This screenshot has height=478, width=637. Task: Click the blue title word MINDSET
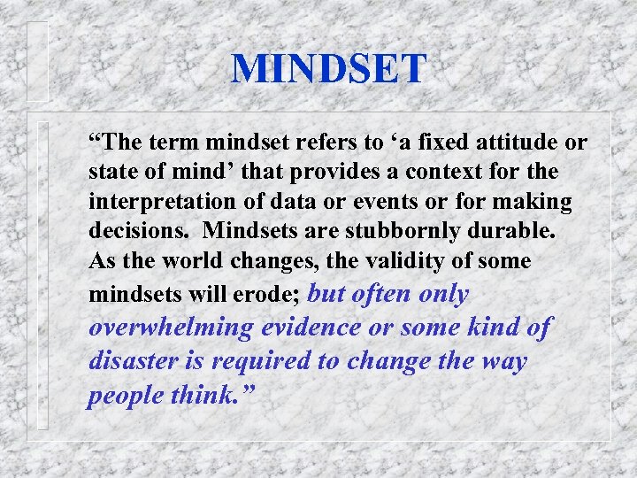click(328, 69)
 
